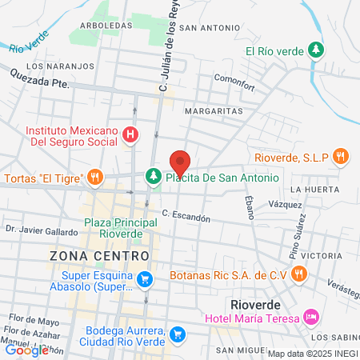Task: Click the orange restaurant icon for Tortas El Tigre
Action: (x=95, y=177)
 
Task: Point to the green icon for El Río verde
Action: (x=317, y=50)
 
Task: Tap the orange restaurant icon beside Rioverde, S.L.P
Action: (x=342, y=157)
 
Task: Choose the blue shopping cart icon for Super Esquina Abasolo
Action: (x=145, y=279)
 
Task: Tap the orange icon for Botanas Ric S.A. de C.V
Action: (x=299, y=274)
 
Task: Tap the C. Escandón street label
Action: (x=186, y=216)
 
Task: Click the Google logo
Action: (x=26, y=350)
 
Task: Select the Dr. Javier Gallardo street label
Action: (x=41, y=229)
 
